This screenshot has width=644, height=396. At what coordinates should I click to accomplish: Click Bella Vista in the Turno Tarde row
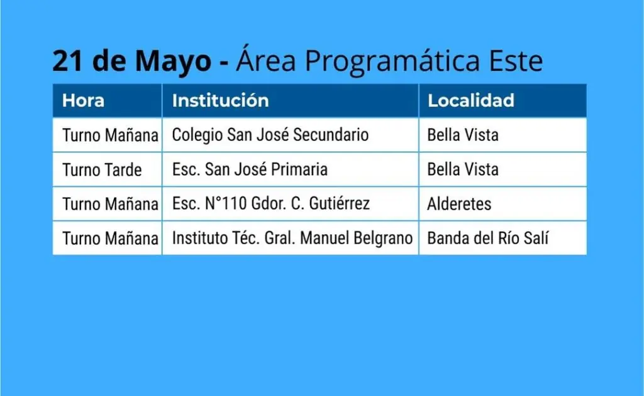(463, 169)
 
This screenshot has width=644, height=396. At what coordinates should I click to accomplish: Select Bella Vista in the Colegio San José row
(463, 135)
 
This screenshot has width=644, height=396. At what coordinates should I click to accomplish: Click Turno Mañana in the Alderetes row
(110, 204)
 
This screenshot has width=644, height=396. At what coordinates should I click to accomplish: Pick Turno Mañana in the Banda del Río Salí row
(110, 239)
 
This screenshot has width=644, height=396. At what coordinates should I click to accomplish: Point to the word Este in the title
(516, 61)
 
